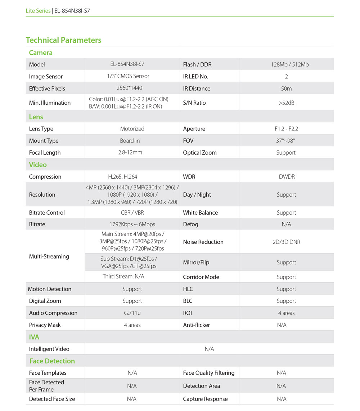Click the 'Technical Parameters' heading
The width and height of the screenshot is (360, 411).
pyautogui.click(x=63, y=40)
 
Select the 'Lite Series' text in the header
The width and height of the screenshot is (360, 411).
pyautogui.click(x=38, y=11)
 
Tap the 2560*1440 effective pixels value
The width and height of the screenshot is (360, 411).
pyautogui.click(x=132, y=88)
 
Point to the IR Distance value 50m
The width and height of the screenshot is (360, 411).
pyautogui.click(x=286, y=88)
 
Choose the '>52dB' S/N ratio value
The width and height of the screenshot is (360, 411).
pyautogui.click(x=286, y=103)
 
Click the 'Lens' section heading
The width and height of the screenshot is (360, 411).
pyautogui.click(x=36, y=117)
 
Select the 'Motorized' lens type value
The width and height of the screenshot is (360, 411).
pyautogui.click(x=132, y=129)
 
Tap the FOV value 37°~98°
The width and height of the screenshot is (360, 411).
pyautogui.click(x=286, y=141)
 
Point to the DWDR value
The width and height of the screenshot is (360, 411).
pyautogui.click(x=286, y=177)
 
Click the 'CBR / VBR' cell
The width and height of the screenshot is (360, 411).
pyautogui.click(x=132, y=213)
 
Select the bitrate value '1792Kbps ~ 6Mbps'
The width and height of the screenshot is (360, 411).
pyautogui.click(x=132, y=224)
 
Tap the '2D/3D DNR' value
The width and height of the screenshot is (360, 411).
pyautogui.click(x=286, y=242)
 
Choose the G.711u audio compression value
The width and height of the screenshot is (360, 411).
pyautogui.click(x=132, y=313)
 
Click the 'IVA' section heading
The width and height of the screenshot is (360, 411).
pyautogui.click(x=34, y=337)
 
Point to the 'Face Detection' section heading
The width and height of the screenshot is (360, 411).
pyautogui.click(x=52, y=361)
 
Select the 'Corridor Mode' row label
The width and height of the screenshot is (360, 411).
pyautogui.click(x=201, y=277)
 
